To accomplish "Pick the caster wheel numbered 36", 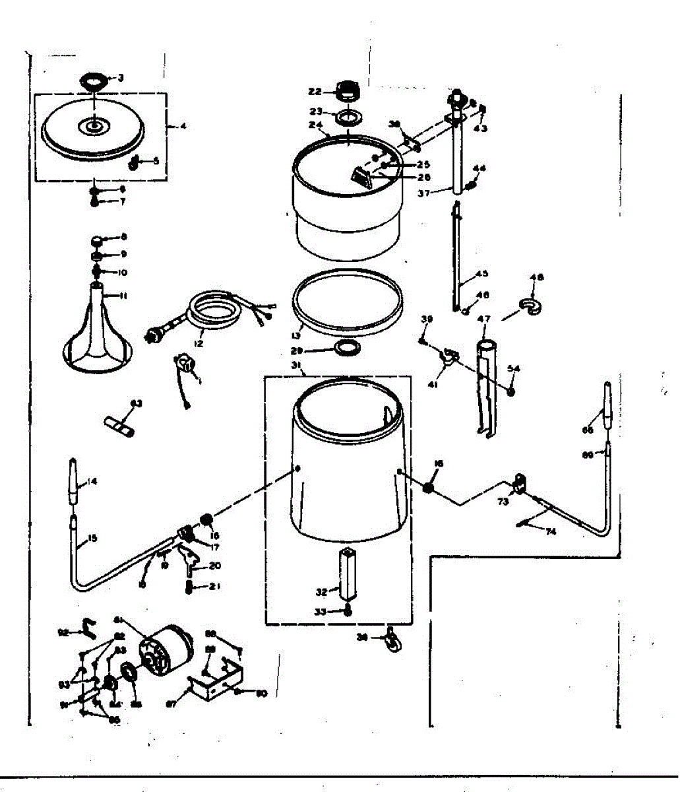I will pyautogui.click(x=394, y=638).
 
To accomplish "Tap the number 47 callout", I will pyautogui.click(x=484, y=319).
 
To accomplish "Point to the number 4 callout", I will pyautogui.click(x=183, y=125).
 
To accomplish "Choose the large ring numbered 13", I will pyautogui.click(x=347, y=300).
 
